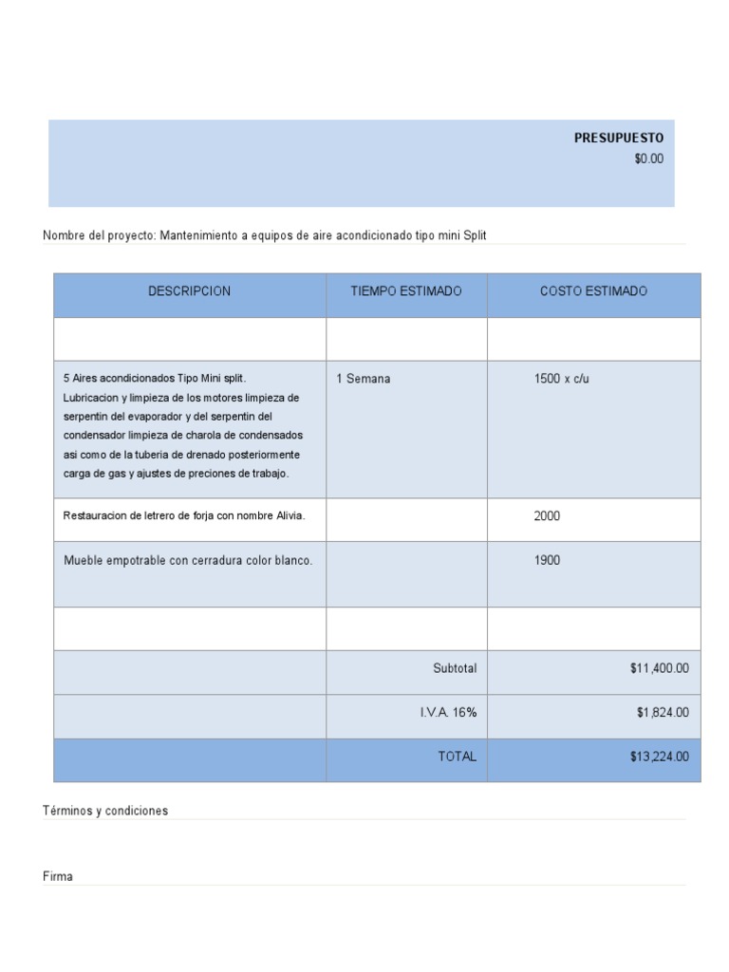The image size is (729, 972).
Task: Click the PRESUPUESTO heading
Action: click(618, 138)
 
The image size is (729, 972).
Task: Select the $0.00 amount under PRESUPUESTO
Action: click(648, 159)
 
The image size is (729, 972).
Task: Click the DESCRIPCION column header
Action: click(189, 291)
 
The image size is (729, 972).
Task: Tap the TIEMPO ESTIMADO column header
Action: click(406, 291)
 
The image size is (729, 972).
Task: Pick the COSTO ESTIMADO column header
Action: click(593, 291)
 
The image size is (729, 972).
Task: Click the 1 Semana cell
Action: click(363, 379)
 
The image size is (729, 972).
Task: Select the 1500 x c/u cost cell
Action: click(561, 379)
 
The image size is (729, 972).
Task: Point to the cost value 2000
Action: click(547, 516)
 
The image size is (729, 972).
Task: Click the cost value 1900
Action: click(547, 560)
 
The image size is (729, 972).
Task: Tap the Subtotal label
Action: click(455, 668)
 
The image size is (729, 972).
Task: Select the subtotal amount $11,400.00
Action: click(659, 668)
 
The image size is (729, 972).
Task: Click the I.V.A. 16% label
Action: click(448, 712)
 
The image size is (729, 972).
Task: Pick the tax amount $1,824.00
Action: click(663, 712)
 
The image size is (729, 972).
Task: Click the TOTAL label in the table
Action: click(457, 757)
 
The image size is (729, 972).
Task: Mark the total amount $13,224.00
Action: click(659, 757)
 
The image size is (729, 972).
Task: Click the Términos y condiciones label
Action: click(105, 811)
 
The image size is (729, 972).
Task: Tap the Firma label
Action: click(58, 876)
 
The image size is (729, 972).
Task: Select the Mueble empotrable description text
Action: click(188, 560)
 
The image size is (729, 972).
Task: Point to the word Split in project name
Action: click(475, 235)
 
